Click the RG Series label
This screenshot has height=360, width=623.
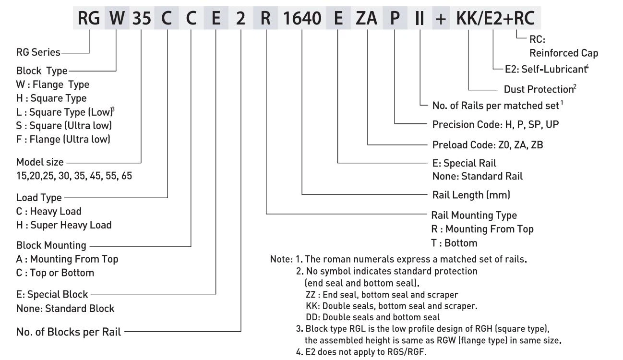point(38,52)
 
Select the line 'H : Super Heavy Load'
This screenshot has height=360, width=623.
point(64,225)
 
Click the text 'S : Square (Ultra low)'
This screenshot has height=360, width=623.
point(63,126)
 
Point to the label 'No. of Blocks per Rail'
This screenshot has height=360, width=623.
point(69,331)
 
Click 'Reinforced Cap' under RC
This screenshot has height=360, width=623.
point(564,53)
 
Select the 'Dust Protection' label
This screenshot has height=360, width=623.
point(538,89)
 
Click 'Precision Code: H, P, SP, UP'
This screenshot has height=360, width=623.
point(495,124)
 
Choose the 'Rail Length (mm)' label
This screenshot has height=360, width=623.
point(471,195)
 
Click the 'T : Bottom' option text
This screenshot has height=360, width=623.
point(454,243)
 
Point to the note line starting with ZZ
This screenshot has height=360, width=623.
point(382,295)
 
